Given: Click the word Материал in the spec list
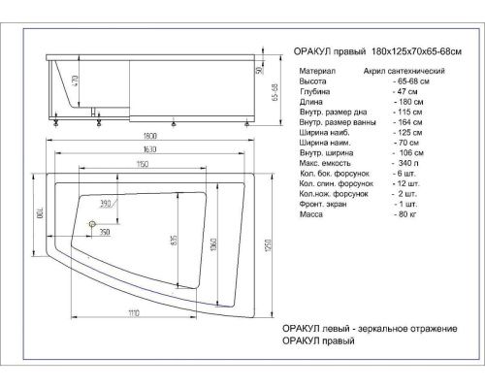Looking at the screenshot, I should click(x=319, y=71).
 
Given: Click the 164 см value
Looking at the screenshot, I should click(x=407, y=130).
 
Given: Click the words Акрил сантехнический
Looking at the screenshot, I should click(x=405, y=71).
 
